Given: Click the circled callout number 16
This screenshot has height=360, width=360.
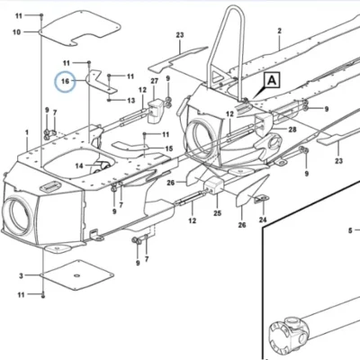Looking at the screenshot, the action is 65,81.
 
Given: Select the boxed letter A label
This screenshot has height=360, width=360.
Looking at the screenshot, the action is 272,80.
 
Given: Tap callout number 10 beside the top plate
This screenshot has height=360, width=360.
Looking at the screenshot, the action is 17,32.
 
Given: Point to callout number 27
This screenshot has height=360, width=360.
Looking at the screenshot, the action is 154,81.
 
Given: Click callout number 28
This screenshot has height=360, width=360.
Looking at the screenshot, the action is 292,130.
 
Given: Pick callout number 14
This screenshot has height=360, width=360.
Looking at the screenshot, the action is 79,166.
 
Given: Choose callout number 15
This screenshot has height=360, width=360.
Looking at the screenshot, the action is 169,148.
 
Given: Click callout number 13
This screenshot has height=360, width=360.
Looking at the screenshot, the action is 131,101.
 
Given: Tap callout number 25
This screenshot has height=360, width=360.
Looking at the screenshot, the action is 218,213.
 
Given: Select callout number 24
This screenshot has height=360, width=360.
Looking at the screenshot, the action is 263,220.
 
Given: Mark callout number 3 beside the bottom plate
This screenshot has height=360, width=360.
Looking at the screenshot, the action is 21,275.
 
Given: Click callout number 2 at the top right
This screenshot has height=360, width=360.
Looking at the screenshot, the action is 280,31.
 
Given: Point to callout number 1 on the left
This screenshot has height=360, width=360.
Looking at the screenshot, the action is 27,132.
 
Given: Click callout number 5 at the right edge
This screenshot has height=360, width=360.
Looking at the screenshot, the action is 350,230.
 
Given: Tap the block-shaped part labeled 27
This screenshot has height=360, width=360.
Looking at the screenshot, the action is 155,111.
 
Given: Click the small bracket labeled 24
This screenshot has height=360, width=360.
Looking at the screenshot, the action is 262,199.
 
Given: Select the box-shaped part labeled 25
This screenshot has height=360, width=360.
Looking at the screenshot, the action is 214,186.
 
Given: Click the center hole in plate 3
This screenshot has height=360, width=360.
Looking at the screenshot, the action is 76,275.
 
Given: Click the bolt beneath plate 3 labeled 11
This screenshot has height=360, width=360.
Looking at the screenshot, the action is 43,295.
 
